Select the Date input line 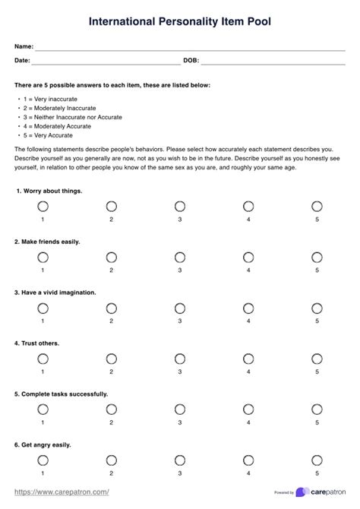(106, 60)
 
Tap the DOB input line (273, 60)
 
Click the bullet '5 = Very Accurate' (47, 135)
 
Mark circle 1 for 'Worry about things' (43, 206)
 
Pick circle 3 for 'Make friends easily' (180, 257)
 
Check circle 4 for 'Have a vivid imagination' (248, 308)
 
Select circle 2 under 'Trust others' (112, 359)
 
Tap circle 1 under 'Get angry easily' (43, 460)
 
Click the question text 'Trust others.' (37, 343)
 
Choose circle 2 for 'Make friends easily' (112, 257)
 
